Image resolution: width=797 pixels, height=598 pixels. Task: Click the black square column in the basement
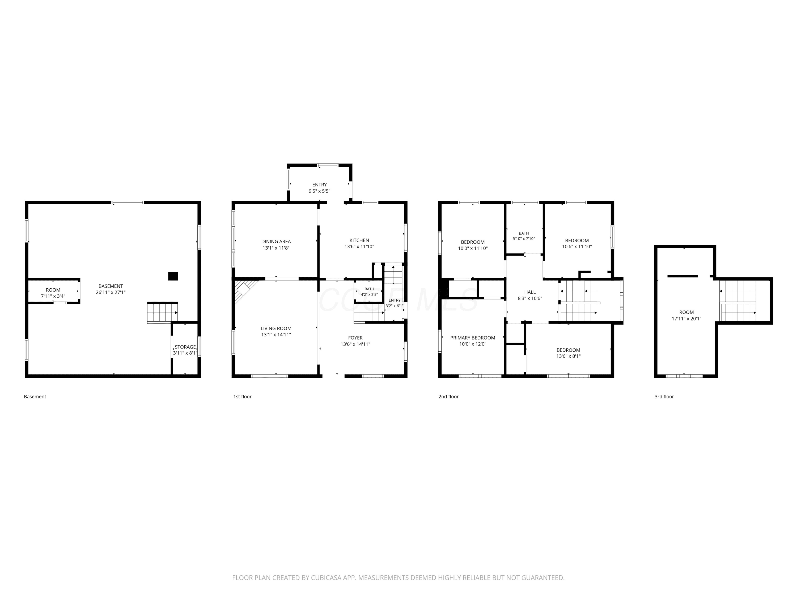[x=173, y=276]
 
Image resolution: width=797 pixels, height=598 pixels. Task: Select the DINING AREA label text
[x=276, y=242]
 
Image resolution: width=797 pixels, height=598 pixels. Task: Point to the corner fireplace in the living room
[x=245, y=290]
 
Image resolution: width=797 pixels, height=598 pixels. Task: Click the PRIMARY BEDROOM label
[x=473, y=338]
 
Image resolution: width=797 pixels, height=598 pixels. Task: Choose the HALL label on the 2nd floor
[x=530, y=292]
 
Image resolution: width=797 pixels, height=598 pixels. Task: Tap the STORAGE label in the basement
[x=185, y=347]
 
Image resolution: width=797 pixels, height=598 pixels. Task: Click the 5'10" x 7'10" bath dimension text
[x=524, y=239]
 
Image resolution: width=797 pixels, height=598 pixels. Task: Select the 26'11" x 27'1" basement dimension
[x=111, y=292]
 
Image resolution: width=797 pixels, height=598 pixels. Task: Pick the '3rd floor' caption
[x=664, y=397]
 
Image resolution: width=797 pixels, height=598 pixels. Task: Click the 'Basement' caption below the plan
[x=35, y=397]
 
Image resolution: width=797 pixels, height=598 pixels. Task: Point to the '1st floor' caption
[x=243, y=397]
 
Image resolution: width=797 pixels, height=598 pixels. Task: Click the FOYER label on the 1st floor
[x=355, y=338]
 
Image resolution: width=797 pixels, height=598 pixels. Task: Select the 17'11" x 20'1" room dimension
[x=686, y=319]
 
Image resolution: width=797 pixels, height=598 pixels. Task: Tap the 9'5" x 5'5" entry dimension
[x=320, y=191]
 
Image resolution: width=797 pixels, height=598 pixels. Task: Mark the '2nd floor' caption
[x=449, y=397]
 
